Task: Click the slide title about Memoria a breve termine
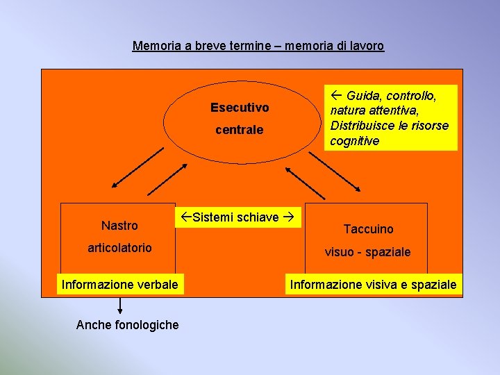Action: pos(258,47)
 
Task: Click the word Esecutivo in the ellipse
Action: pos(240,108)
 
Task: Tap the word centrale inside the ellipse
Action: pos(240,130)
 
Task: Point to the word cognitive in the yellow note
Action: pos(355,141)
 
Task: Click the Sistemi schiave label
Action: pos(237,217)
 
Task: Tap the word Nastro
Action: pos(119,226)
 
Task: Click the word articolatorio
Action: pos(119,248)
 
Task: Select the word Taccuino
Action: pos(368,229)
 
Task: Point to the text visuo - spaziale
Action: pos(368,252)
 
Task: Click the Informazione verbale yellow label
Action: pos(120,284)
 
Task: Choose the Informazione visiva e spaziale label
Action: pos(374,284)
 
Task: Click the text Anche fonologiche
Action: pos(127,325)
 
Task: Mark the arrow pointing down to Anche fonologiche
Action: pos(120,305)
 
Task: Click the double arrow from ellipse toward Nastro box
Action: pos(142,167)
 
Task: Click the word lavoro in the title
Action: pos(366,47)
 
